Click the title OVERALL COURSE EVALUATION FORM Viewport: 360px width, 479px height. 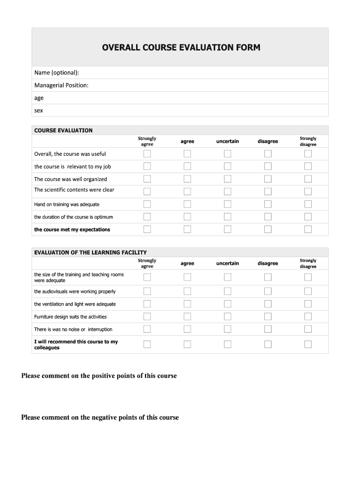(181, 48)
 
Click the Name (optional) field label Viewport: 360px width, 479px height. (57, 73)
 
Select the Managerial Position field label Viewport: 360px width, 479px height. (61, 85)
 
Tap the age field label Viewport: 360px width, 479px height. (39, 98)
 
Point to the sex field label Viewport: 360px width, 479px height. (38, 110)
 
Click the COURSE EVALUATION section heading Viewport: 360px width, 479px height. (63, 131)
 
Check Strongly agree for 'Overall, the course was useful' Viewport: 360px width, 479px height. (147, 154)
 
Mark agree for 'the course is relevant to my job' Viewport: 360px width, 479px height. (187, 167)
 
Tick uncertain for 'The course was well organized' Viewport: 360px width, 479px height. (228, 179)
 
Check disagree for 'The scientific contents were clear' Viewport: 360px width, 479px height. (268, 191)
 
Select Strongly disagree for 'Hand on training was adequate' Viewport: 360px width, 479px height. (308, 204)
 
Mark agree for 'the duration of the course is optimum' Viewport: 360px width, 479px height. (187, 217)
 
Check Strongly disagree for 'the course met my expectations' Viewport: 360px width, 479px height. (308, 229)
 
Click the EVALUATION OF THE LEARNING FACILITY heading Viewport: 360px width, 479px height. (90, 253)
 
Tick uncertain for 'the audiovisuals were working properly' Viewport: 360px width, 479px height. (228, 291)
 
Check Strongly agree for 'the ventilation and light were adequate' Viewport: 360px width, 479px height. (147, 304)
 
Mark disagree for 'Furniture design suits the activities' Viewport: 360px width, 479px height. (268, 317)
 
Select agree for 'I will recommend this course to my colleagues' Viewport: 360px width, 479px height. (187, 345)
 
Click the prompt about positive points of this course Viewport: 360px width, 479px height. (99, 376)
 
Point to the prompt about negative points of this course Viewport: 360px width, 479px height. (100, 418)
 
